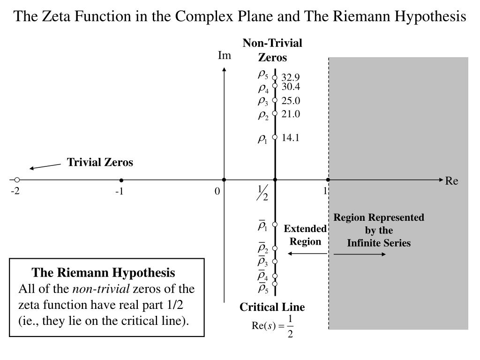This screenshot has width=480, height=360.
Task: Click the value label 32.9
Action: pyautogui.click(x=291, y=77)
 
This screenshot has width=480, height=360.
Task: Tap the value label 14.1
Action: pyautogui.click(x=291, y=137)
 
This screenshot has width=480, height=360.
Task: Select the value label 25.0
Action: pyautogui.click(x=291, y=101)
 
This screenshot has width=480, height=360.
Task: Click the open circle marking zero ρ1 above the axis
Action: pyautogui.click(x=275, y=137)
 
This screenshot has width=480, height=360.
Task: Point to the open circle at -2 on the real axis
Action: pyautogui.click(x=17, y=180)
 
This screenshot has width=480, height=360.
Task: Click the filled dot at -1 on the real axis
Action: pyautogui.click(x=121, y=180)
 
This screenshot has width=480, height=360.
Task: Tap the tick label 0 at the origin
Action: pyautogui.click(x=217, y=191)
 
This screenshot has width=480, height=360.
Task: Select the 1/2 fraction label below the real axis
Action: pyautogui.click(x=262, y=193)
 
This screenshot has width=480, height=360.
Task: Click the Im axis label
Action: pyautogui.click(x=225, y=56)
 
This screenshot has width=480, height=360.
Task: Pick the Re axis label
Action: pyautogui.click(x=451, y=181)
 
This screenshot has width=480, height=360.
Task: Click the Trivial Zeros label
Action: pyautogui.click(x=100, y=162)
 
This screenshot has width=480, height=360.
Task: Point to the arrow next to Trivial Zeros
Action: pyautogui.click(x=45, y=166)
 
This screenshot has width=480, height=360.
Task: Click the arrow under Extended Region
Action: pyautogui.click(x=307, y=254)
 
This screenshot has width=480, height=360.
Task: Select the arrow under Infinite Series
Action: pyautogui.click(x=360, y=254)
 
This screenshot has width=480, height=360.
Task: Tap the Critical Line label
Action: pyautogui.click(x=272, y=307)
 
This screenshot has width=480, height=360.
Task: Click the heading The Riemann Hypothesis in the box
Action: pyautogui.click(x=104, y=272)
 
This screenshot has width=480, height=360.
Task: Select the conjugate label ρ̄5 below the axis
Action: pyautogui.click(x=263, y=288)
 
